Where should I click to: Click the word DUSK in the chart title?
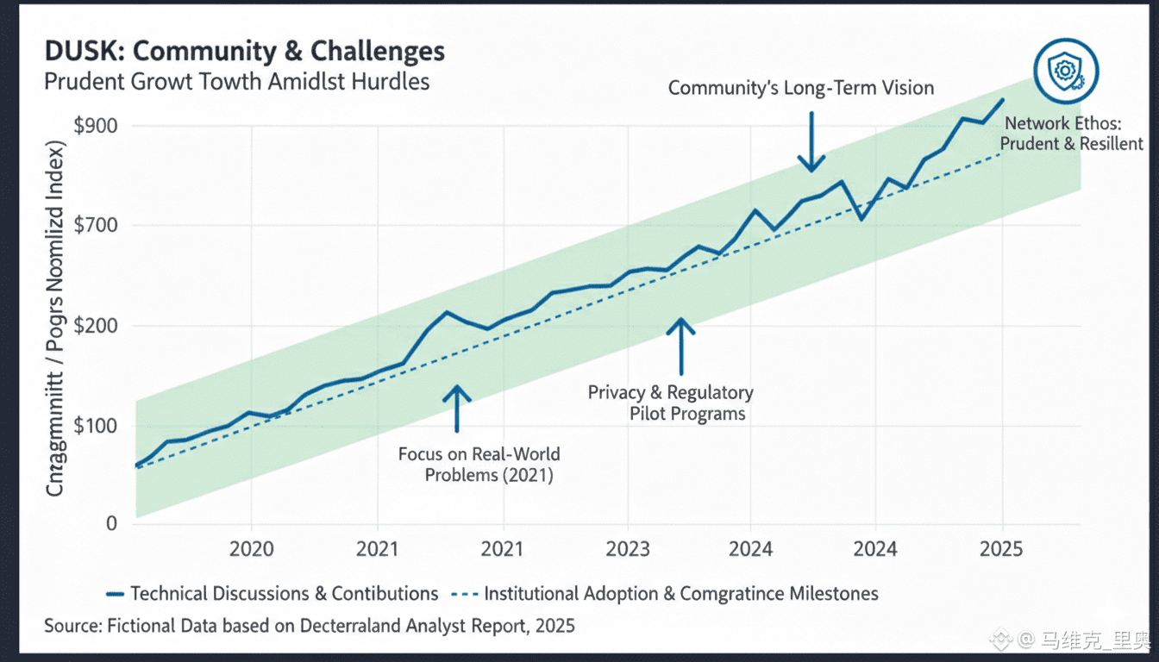click(76, 51)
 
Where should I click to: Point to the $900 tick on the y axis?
click(96, 126)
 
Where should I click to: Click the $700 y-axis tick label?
click(96, 226)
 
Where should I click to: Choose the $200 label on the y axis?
click(96, 326)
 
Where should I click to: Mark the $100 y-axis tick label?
click(96, 426)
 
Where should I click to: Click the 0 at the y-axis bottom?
click(111, 523)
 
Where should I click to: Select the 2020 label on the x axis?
click(251, 549)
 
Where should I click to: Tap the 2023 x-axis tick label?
click(627, 549)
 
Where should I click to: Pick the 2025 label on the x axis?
click(1002, 549)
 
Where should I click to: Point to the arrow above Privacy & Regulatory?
click(681, 347)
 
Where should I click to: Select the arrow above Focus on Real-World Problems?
click(457, 408)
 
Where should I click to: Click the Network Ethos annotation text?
click(1073, 134)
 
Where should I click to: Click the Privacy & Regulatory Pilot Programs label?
click(671, 403)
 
